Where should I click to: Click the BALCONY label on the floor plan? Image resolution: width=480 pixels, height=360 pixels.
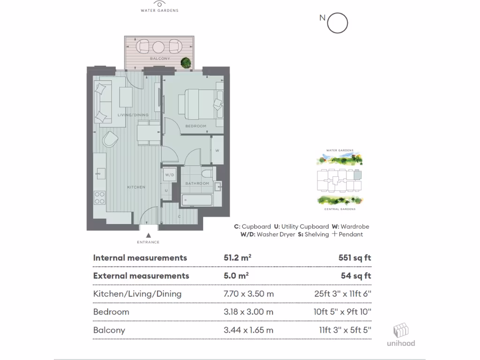[x=159, y=59]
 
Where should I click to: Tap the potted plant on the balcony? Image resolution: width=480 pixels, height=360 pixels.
[x=186, y=62]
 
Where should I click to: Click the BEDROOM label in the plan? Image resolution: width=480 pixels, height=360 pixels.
[x=195, y=126]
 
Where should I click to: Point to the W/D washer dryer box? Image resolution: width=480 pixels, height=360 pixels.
[x=169, y=175]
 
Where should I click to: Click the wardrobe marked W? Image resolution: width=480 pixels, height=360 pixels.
[x=217, y=150]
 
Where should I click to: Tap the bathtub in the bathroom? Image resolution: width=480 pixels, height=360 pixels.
[x=197, y=200]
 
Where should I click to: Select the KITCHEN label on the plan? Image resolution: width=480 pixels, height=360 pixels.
[x=136, y=187]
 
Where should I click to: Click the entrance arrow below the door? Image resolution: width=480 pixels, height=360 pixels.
[x=148, y=236]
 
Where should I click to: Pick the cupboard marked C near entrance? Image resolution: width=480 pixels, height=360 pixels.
[x=179, y=216]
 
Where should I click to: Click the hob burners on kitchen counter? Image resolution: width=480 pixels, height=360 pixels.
[x=99, y=197]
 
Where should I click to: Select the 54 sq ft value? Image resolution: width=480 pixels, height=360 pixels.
[x=356, y=276]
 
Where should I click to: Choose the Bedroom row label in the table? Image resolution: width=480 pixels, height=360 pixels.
[x=111, y=312]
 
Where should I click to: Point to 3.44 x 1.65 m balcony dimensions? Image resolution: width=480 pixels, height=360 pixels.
[x=248, y=330]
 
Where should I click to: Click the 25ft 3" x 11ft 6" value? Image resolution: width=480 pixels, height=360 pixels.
[x=343, y=294]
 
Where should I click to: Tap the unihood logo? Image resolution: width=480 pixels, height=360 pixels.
[x=400, y=335]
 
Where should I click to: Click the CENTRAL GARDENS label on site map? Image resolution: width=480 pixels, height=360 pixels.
[x=340, y=209]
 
